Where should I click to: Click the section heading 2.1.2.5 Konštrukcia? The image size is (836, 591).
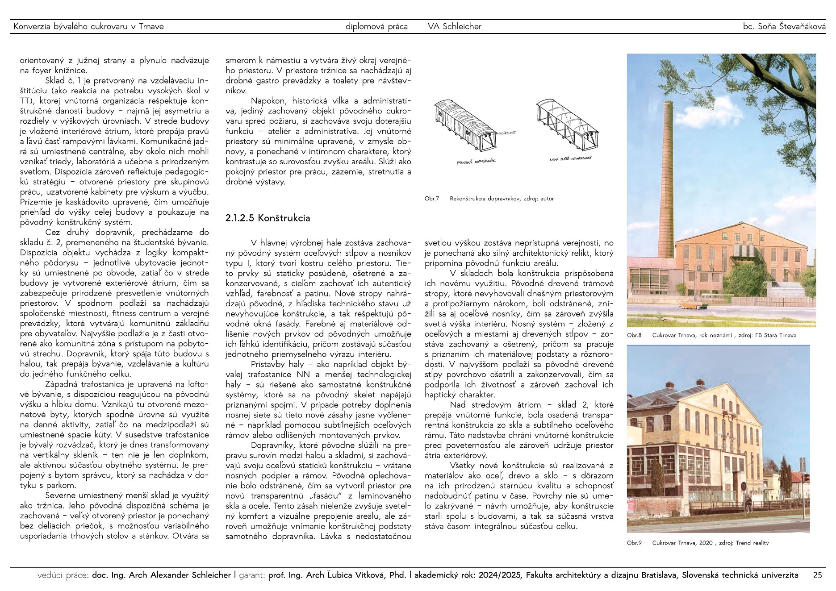tap(268, 218)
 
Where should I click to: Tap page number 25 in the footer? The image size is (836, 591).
tap(817, 575)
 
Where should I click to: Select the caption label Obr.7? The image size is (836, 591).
tap(431, 199)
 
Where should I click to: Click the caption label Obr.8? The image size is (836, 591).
tap(634, 335)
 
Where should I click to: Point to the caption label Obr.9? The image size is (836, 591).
tap(634, 543)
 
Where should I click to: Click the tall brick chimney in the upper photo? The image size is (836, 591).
tap(666, 179)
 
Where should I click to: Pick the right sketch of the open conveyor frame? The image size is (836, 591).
tap(567, 125)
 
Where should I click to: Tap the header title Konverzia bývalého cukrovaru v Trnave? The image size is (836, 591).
tap(88, 26)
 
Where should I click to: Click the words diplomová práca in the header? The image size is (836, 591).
tap(376, 26)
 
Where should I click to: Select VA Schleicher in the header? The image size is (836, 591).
tap(454, 26)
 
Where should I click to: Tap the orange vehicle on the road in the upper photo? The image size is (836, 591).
tap(690, 306)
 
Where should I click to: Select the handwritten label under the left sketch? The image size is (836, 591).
tap(476, 161)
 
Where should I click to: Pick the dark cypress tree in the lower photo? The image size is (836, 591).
tap(657, 478)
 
